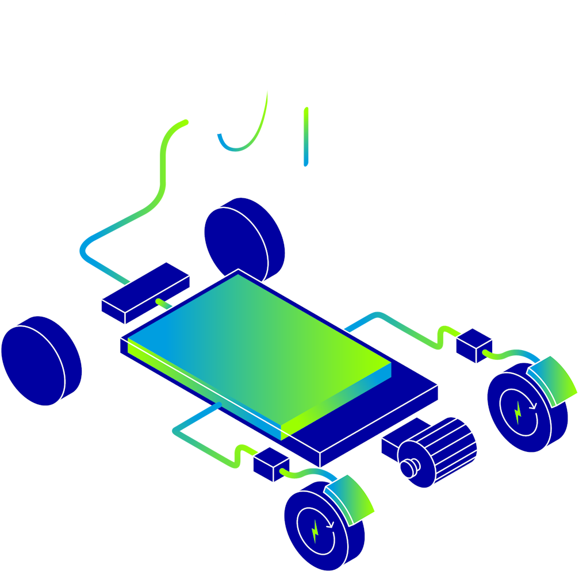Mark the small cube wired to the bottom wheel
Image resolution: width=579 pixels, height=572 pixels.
tap(271, 464)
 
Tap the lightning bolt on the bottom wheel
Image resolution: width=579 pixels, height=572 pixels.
tap(315, 532)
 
